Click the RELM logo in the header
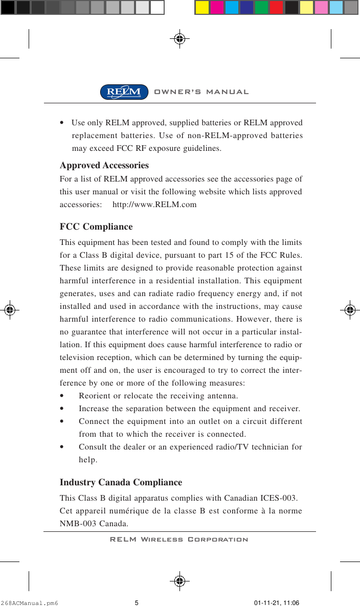(x=124, y=92)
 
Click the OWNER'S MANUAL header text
(x=201, y=92)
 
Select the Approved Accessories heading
(x=104, y=166)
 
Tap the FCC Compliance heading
(x=96, y=227)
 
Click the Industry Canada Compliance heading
(x=121, y=482)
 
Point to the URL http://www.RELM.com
(x=154, y=205)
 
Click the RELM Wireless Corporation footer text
(x=179, y=540)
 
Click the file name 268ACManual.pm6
(x=30, y=603)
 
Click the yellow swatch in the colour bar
(x=202, y=7)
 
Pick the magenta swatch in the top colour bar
(x=217, y=7)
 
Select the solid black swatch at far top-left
(x=8, y=7)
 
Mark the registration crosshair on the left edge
(x=10, y=309)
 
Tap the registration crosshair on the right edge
(x=350, y=309)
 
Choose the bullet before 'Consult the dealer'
(x=62, y=447)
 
